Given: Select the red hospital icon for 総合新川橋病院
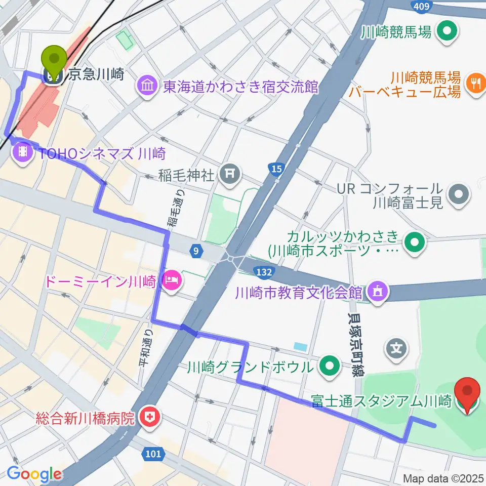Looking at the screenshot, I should (149, 418).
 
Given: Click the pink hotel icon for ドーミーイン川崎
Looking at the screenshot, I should (171, 281).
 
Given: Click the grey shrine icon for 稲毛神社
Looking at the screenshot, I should (229, 175).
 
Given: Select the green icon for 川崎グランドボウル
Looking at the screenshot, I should (330, 367).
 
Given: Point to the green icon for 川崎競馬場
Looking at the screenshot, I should (447, 32).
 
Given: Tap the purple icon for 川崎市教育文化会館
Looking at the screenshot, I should (378, 292).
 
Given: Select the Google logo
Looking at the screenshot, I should (34, 474).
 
